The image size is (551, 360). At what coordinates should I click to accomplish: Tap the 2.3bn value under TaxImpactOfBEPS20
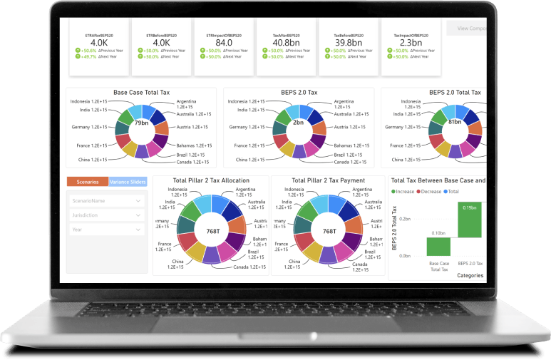pos(407,41)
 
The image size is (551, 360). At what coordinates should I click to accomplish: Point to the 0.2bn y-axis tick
pos(404,218)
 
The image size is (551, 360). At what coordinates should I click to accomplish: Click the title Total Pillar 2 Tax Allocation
pos(212,180)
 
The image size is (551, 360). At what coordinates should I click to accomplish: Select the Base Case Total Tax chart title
pos(140,93)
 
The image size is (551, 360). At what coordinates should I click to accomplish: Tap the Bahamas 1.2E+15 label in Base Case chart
pos(194,145)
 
